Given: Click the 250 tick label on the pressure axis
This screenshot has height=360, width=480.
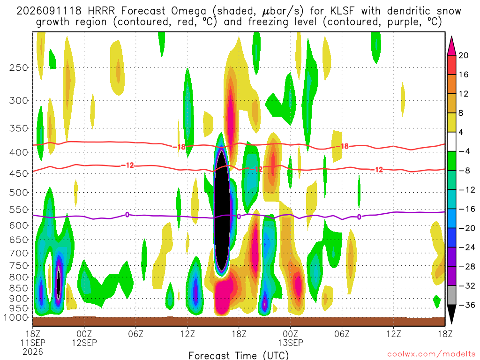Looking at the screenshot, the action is pyautogui.click(x=19, y=67).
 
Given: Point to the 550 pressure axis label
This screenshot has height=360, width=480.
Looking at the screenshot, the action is pyautogui.click(x=19, y=210).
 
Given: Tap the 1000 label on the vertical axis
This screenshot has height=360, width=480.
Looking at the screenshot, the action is pyautogui.click(x=16, y=318).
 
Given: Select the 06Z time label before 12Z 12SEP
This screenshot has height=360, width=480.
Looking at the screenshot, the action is pyautogui.click(x=135, y=334).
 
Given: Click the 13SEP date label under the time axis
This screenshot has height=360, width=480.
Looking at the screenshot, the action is pyautogui.click(x=291, y=343).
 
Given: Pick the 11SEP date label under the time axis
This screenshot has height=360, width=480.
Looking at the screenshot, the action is pyautogui.click(x=33, y=343).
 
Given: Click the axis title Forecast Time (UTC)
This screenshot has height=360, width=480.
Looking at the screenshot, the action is pyautogui.click(x=239, y=355).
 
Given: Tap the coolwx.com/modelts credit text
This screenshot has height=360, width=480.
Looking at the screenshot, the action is pyautogui.click(x=431, y=354).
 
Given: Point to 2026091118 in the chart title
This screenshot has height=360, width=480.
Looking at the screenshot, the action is pyautogui.click(x=49, y=11).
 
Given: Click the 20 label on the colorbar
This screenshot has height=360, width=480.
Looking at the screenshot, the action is pyautogui.click(x=463, y=55).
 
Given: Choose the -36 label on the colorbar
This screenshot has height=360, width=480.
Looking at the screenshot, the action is pyautogui.click(x=467, y=305).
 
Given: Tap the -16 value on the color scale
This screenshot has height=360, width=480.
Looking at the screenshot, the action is pyautogui.click(x=467, y=209).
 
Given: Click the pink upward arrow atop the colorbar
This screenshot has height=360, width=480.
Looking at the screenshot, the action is pyautogui.click(x=451, y=45).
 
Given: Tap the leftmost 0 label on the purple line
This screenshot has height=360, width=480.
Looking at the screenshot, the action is pyautogui.click(x=127, y=215).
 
